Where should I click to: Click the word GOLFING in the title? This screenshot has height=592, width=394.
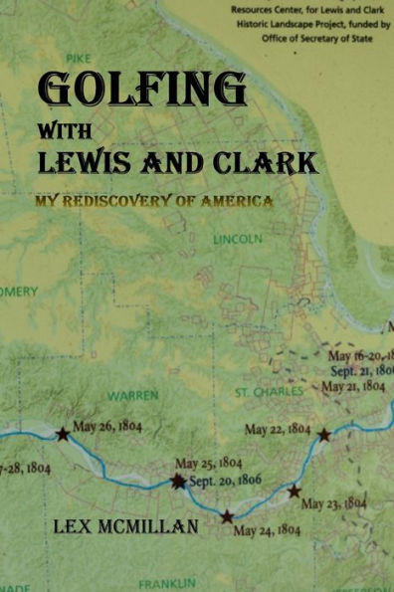(x=141, y=91)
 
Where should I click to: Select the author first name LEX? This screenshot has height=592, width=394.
(x=74, y=524)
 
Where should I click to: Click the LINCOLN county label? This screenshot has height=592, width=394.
(x=237, y=240)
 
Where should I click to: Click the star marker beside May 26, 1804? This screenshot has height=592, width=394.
(x=63, y=434)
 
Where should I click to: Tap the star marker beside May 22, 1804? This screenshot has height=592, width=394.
(x=323, y=435)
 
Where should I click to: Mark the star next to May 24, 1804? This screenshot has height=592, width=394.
(x=227, y=516)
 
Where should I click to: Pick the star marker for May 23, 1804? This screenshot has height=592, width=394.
(x=294, y=491)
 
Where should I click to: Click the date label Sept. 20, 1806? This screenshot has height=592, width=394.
(x=225, y=480)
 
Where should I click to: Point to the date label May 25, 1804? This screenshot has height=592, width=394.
(x=209, y=463)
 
